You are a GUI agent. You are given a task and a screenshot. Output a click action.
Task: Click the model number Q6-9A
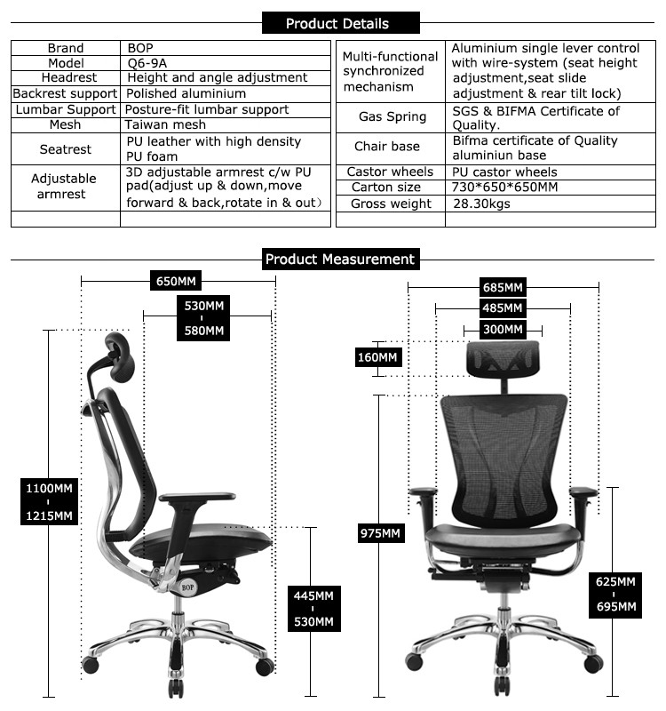(x=147, y=63)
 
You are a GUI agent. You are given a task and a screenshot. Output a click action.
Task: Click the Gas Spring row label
(x=392, y=116)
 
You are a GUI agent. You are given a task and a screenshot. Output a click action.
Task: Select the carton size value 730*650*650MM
(x=504, y=188)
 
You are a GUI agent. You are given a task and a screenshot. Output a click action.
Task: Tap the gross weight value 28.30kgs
(x=482, y=204)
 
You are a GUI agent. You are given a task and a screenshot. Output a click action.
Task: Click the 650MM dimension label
(x=176, y=282)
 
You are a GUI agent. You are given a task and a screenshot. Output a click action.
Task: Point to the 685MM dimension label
(x=503, y=287)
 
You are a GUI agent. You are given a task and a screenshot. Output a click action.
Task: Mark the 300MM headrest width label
(x=503, y=329)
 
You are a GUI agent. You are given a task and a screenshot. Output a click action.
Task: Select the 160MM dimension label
(x=378, y=357)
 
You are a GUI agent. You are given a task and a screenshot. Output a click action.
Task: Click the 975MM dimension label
(x=380, y=533)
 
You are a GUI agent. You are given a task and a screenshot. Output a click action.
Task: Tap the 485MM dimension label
(x=503, y=308)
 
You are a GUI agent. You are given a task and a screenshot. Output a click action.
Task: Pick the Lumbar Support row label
(x=65, y=109)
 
